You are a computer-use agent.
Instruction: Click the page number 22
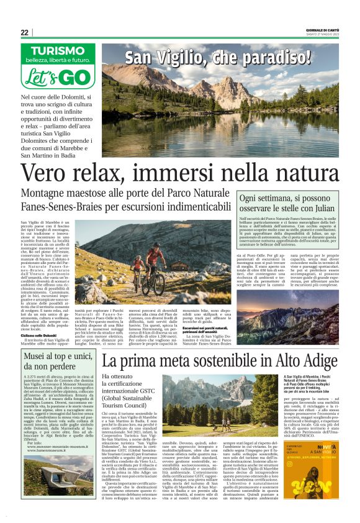pos(25,33)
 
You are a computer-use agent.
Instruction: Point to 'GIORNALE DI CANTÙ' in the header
pos(322,29)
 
